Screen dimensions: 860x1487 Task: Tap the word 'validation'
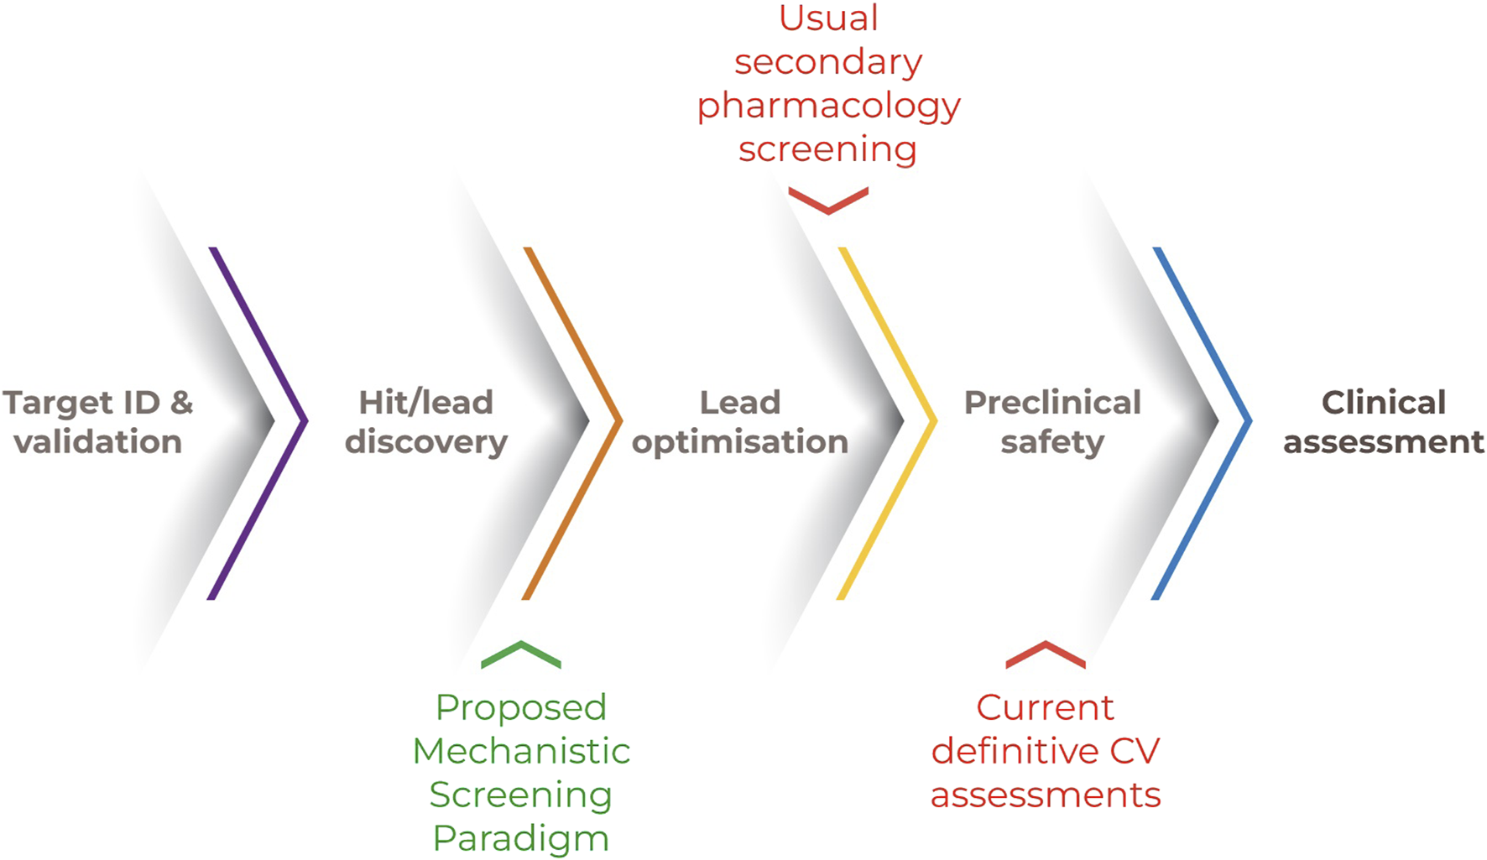coord(98,442)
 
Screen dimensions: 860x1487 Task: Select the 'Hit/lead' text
coord(426,403)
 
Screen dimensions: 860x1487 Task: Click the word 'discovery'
coord(426,442)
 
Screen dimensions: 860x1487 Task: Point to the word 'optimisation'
coord(740,442)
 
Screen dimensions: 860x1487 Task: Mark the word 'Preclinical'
coord(1052,403)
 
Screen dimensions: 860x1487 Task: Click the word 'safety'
coord(1052,442)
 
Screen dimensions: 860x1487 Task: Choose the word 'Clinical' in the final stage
coord(1384,403)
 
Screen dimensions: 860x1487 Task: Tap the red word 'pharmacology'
coord(828,107)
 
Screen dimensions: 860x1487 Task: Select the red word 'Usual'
coord(828,18)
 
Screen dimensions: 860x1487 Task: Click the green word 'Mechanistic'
coord(521,751)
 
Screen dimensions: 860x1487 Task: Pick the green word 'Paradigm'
coord(521,838)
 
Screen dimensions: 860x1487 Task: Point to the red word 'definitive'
coord(1015,751)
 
